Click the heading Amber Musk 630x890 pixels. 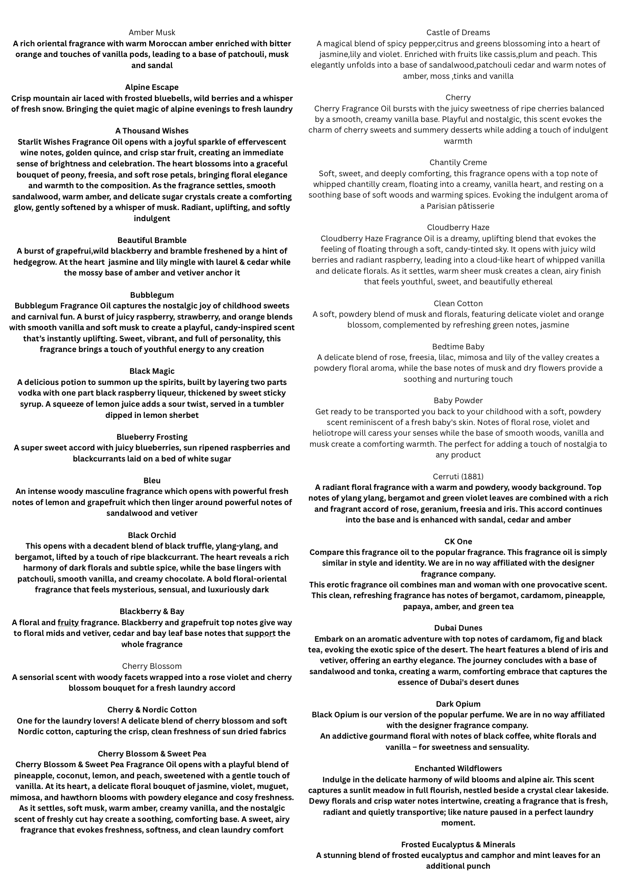[x=152, y=32]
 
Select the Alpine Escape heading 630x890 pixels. [x=152, y=87]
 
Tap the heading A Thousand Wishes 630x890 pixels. [x=152, y=131]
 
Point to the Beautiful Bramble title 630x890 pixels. [x=152, y=240]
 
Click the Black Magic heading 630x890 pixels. [x=152, y=371]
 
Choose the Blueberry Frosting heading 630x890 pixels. [x=152, y=437]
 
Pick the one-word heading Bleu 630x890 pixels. [x=152, y=481]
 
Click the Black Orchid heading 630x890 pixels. [x=152, y=535]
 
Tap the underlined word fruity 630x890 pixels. [x=68, y=623]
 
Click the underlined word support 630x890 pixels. [x=260, y=633]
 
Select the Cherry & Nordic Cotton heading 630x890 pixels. [x=152, y=710]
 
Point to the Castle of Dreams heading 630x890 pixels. [x=458, y=32]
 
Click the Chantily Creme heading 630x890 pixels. [x=458, y=162]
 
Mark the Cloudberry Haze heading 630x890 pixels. [x=458, y=227]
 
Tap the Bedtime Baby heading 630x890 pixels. [x=458, y=347]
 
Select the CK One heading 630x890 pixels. [x=458, y=542]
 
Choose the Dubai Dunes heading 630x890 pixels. [x=458, y=628]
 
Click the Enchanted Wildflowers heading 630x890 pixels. [x=458, y=769]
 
